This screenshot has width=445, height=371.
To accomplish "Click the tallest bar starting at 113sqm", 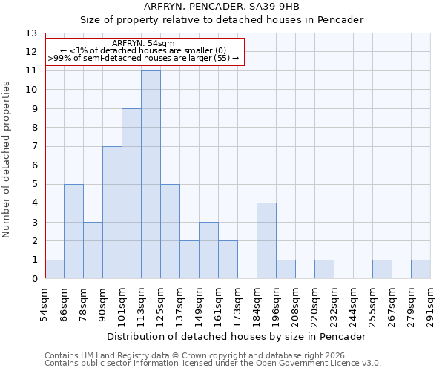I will (x=151, y=175).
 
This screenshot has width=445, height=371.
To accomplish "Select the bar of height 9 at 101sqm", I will (x=131, y=194).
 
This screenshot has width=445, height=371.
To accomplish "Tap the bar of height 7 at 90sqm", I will (x=112, y=213).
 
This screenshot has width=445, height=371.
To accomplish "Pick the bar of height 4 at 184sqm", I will (x=266, y=241).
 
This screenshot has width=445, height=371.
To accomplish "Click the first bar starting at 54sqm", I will (x=54, y=269).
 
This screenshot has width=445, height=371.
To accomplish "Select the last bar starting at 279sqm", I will (x=421, y=269).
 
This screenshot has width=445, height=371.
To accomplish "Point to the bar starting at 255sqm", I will (x=382, y=269).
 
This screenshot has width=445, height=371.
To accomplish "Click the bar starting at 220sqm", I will (x=324, y=269).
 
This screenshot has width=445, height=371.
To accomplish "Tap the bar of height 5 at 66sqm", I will (x=73, y=232).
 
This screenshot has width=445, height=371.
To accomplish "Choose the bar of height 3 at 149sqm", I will (x=208, y=251).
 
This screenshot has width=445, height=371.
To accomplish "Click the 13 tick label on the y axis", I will (x=30, y=33).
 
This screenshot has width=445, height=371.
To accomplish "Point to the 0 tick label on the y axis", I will (x=33, y=279).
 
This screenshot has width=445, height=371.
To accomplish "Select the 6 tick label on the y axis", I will (x=33, y=165).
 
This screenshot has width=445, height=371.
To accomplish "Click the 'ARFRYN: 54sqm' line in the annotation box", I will (x=144, y=43).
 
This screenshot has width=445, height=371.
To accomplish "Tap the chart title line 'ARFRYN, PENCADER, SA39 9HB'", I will (x=222, y=7).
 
